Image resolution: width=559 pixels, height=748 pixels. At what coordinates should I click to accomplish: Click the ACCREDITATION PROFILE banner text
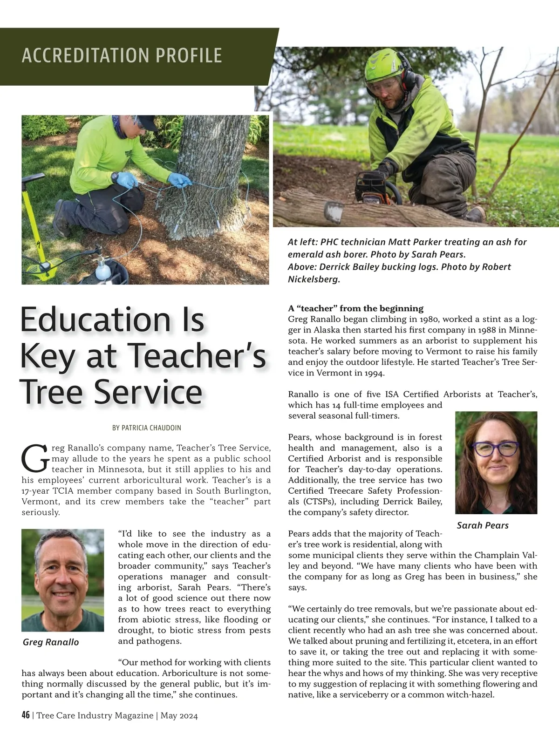click(x=122, y=55)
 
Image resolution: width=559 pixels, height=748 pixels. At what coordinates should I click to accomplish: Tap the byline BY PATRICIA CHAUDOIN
click(x=147, y=428)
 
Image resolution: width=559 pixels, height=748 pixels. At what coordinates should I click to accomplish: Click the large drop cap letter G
click(x=34, y=458)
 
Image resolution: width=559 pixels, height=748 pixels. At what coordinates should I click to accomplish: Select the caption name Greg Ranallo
click(x=51, y=642)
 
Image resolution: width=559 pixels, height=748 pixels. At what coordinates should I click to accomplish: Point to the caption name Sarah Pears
click(x=483, y=525)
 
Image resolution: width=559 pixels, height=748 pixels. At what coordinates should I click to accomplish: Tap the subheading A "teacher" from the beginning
click(x=356, y=308)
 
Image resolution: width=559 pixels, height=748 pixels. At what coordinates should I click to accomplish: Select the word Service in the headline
click(x=150, y=392)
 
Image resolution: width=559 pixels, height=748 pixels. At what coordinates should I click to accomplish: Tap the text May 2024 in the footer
click(x=179, y=716)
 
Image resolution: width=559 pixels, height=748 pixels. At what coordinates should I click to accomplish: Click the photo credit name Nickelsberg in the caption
click(x=313, y=279)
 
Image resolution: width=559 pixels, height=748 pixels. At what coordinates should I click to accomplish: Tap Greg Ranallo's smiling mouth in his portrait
click(x=61, y=595)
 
